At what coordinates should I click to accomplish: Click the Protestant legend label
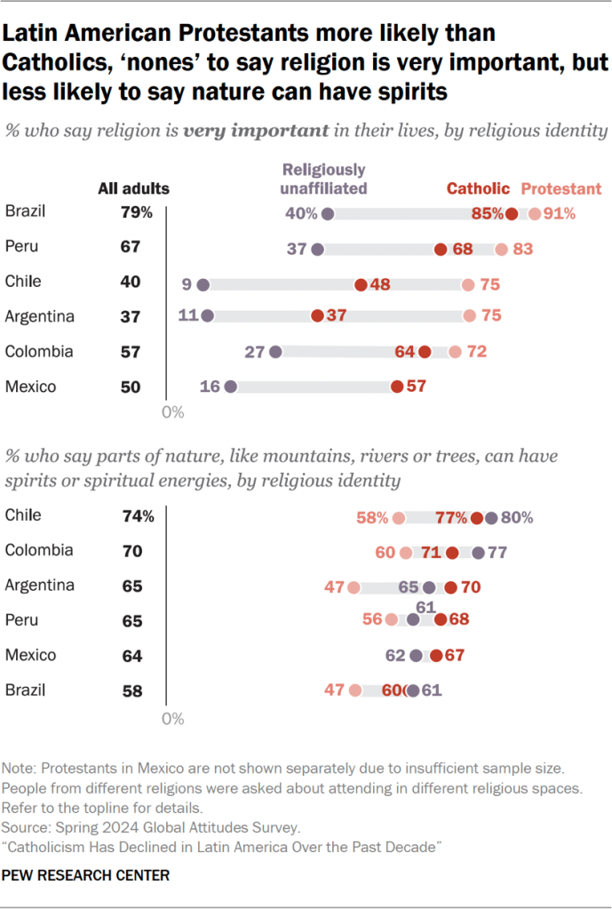560,188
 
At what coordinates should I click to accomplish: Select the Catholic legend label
478,188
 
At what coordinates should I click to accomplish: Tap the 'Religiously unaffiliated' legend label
324,179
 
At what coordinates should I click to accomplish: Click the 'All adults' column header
133,188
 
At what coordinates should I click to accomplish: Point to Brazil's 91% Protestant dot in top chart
534,213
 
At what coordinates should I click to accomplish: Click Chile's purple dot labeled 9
203,284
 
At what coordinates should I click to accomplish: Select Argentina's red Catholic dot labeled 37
317,316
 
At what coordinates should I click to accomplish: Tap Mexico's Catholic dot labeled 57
396,386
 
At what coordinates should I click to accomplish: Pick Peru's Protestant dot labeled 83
502,250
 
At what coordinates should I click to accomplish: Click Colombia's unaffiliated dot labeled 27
275,352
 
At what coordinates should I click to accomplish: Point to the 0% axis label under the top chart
172,412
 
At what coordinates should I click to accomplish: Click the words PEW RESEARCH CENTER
86,875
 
